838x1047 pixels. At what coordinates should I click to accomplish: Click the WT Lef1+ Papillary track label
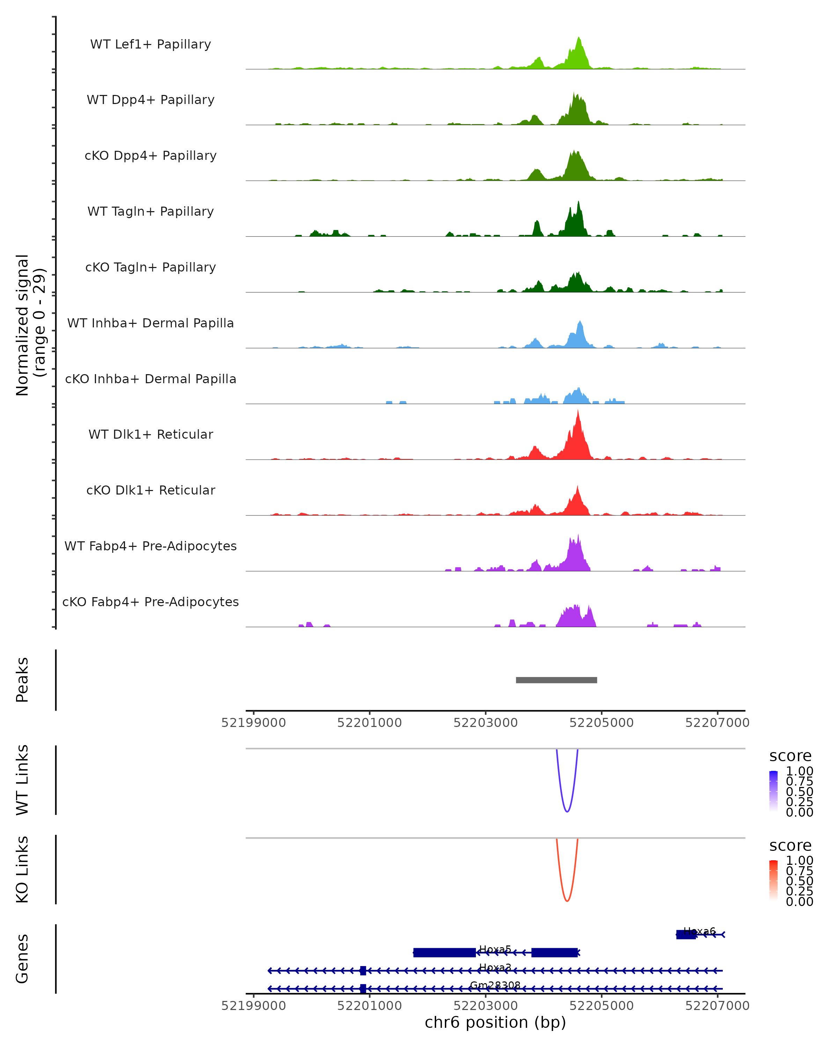(x=150, y=44)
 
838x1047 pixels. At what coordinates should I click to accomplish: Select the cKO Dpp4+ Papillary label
(x=150, y=155)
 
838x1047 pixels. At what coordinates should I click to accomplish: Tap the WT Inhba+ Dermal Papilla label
(x=150, y=323)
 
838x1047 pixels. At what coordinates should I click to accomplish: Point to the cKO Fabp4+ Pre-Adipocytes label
(x=150, y=602)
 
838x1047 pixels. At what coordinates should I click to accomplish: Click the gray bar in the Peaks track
(x=556, y=680)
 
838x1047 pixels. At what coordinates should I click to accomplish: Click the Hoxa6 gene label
(x=699, y=931)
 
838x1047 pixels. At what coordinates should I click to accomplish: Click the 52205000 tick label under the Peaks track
(x=601, y=723)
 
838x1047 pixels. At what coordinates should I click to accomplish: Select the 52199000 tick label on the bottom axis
(x=253, y=1006)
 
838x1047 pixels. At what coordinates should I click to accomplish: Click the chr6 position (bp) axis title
(x=495, y=1023)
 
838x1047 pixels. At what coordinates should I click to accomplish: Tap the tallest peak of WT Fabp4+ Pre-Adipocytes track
(x=578, y=535)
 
